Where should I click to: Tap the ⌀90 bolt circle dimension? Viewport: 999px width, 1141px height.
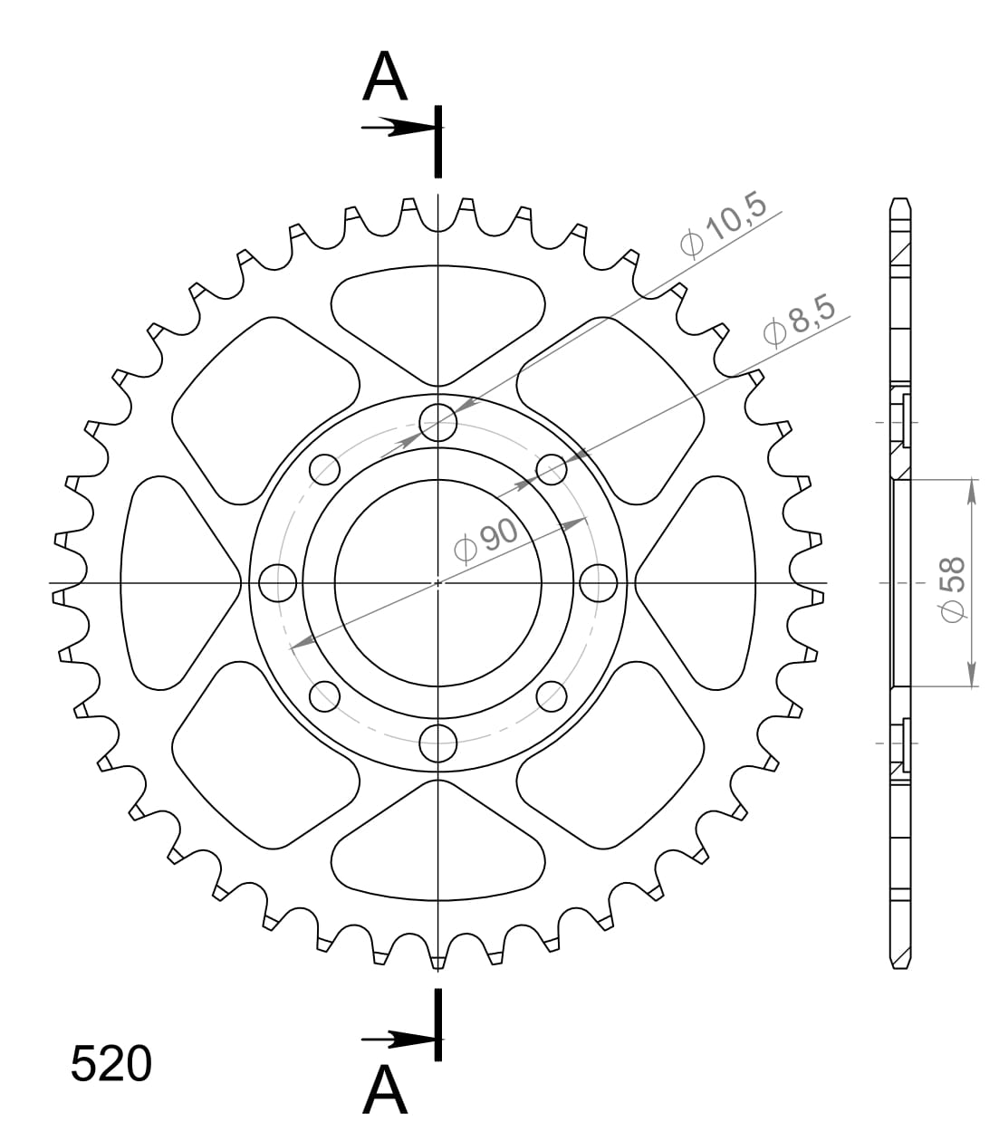coord(486,541)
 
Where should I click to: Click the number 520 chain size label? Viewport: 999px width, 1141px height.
coord(110,1065)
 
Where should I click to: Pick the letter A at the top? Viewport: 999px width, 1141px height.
coord(385,78)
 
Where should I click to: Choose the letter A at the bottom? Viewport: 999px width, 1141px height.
coord(385,1090)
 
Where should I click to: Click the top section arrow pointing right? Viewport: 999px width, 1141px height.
coord(393,128)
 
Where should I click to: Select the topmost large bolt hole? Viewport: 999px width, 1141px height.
coord(438,421)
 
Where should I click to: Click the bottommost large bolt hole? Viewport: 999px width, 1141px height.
coord(438,743)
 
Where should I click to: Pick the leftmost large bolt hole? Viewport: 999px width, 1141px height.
coord(277,582)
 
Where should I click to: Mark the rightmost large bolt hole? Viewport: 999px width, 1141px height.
coord(599,582)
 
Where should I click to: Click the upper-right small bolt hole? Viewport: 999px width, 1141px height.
coord(552,469)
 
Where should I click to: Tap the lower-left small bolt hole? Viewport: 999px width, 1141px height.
coord(325,696)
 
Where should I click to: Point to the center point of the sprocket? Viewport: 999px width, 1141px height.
coord(438,582)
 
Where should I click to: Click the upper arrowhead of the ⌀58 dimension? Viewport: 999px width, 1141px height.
coord(971,489)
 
